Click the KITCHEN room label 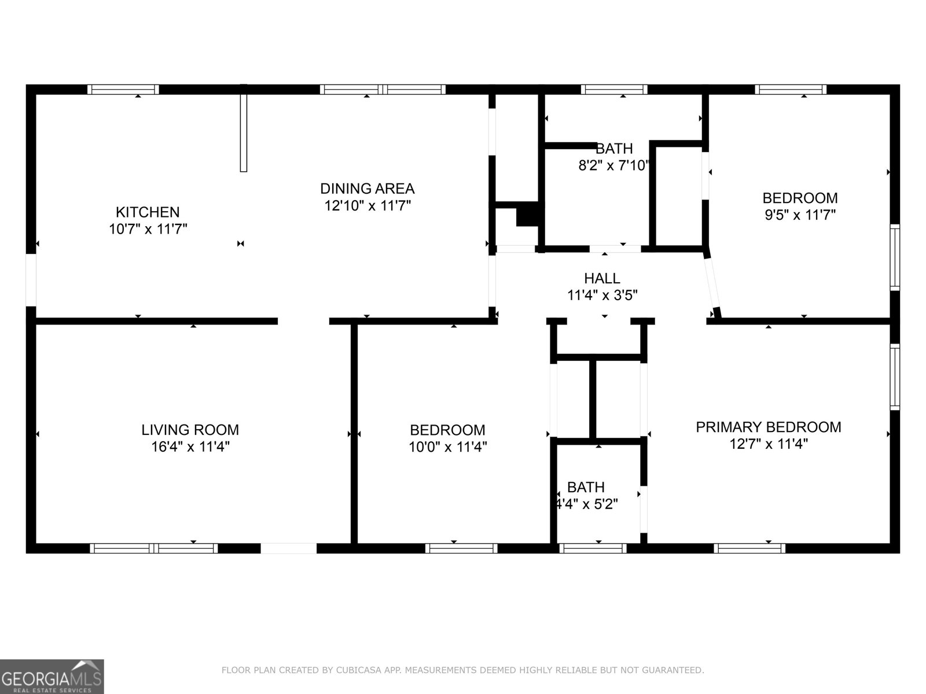pos(148,212)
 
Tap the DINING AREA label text pos(367,189)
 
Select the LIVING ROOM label pos(190,430)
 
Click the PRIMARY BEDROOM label pos(768,427)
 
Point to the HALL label pos(602,278)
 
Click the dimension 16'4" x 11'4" pos(190,446)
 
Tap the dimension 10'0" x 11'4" pos(447,446)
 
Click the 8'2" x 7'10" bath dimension pos(614,166)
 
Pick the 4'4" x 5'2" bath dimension pos(586,504)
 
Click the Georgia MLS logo pos(52,676)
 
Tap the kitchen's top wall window pos(123,90)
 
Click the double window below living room pos(154,548)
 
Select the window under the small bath pos(593,548)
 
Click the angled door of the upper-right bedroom pos(712,283)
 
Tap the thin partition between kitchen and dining pos(244,128)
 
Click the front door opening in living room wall pos(289,548)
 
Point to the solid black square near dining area pos(527,215)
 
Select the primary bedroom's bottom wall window pos(749,548)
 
